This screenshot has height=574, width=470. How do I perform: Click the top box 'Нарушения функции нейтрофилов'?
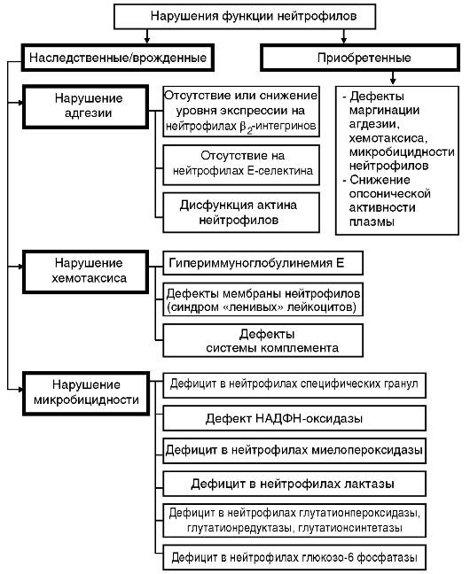click(x=245, y=17)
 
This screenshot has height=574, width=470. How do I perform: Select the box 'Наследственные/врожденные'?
click(x=118, y=58)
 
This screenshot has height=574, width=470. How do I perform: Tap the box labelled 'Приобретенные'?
click(x=360, y=58)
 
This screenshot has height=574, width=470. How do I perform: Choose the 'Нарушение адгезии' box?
click(x=86, y=106)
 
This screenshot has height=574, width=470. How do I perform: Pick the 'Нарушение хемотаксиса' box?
click(x=86, y=272)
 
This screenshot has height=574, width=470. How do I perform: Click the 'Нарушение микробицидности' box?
click(x=86, y=393)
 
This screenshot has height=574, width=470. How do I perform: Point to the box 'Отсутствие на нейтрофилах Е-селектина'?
click(x=241, y=165)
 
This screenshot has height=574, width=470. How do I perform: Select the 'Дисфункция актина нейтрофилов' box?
click(x=241, y=213)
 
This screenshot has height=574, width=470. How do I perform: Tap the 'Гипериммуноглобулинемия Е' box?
click(x=262, y=263)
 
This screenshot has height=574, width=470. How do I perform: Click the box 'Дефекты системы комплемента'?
click(x=262, y=340)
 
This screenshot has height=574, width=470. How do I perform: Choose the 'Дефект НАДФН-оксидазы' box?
click(x=294, y=418)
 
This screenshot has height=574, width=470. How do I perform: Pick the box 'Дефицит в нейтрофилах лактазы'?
click(x=294, y=484)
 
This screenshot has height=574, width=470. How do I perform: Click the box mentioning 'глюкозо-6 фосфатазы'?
click(x=294, y=557)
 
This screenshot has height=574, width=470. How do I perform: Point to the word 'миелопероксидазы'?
click(x=367, y=450)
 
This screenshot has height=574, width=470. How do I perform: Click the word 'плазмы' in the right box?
click(x=372, y=222)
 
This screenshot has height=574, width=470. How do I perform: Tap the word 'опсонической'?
click(x=389, y=194)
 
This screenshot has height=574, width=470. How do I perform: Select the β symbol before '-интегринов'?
click(x=243, y=127)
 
